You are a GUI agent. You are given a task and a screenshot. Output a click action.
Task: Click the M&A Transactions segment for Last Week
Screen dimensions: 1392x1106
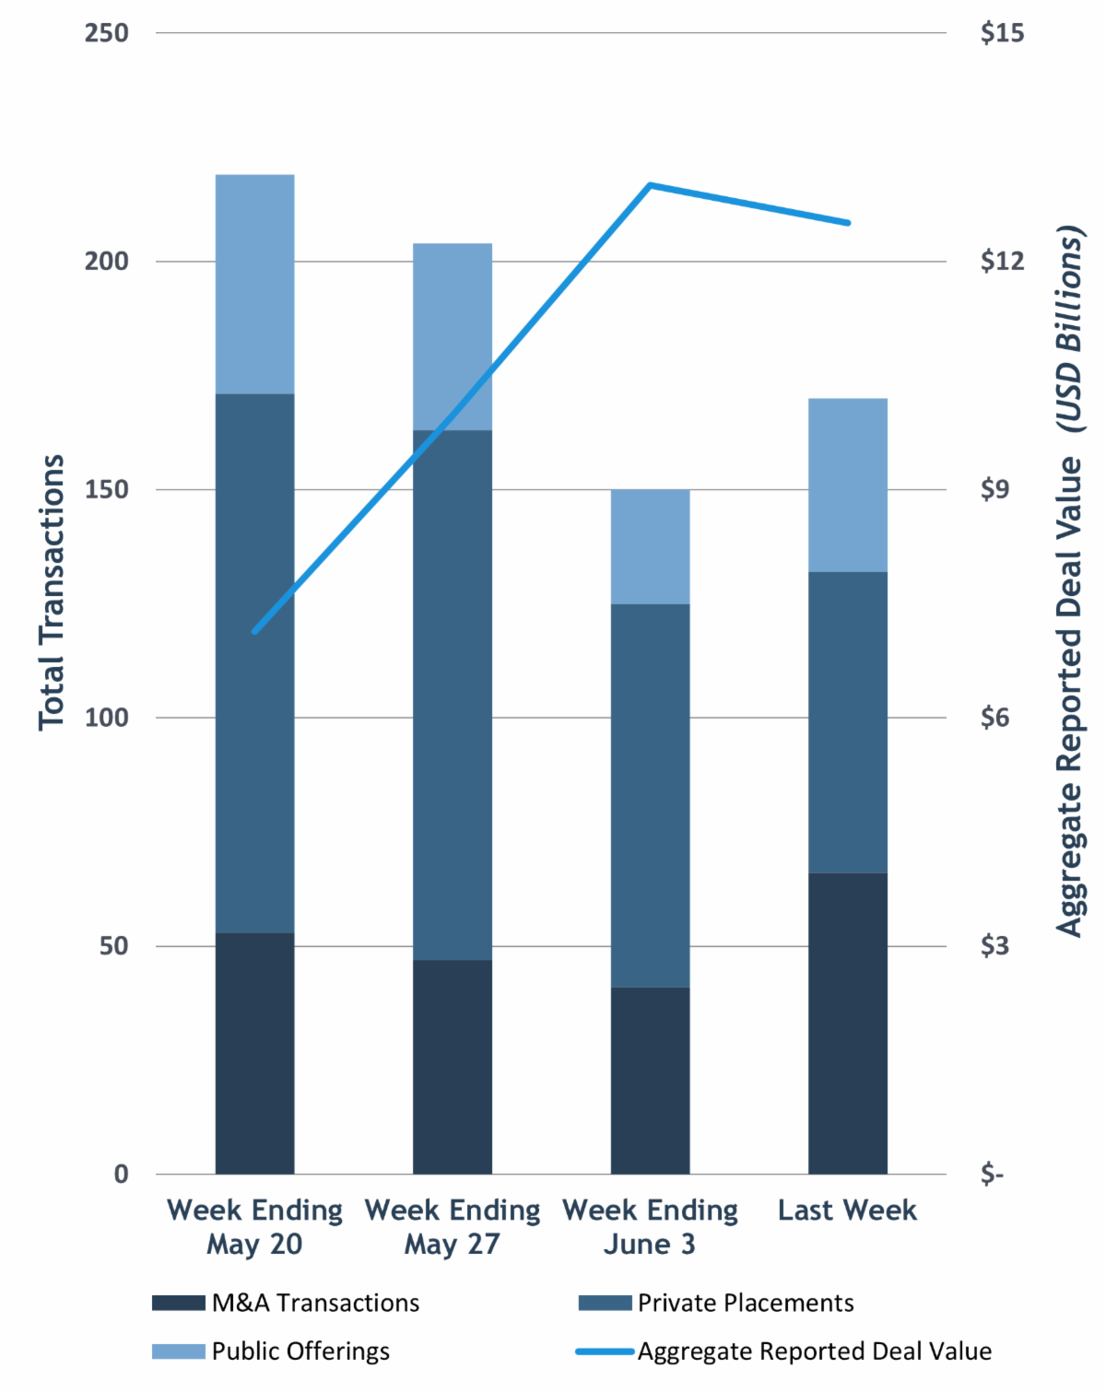click(847, 1023)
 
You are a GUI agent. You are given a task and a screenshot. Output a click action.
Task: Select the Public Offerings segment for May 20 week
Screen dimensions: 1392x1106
click(254, 284)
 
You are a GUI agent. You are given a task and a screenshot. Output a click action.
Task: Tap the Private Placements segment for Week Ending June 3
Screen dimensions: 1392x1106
click(650, 795)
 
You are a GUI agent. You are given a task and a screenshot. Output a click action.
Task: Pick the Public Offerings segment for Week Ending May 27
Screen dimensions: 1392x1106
click(452, 336)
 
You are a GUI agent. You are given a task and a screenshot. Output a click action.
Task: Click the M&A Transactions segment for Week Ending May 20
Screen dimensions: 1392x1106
click(254, 1053)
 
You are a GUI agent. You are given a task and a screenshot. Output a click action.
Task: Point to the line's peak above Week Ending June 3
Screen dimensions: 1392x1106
click(650, 185)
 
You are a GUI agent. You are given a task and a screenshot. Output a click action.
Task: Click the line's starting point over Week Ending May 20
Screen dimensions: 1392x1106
click(254, 631)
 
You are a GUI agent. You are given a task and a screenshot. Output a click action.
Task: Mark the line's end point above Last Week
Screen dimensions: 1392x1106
click(847, 223)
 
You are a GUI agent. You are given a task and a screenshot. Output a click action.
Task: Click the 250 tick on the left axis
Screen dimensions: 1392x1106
click(106, 33)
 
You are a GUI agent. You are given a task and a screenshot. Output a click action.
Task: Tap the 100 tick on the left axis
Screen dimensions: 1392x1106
click(106, 718)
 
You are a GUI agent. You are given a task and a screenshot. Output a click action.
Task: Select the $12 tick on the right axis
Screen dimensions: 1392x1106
click(1002, 262)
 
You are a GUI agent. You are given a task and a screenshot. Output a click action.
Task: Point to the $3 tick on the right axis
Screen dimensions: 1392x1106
click(994, 946)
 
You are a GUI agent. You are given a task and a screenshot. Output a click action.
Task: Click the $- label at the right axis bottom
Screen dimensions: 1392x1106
click(992, 1175)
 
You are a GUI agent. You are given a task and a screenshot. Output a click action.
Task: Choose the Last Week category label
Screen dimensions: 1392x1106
click(847, 1210)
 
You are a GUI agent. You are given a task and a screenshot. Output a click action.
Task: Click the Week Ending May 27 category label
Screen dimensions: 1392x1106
click(452, 1226)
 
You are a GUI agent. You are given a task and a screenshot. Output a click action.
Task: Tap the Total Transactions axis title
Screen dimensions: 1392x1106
click(52, 592)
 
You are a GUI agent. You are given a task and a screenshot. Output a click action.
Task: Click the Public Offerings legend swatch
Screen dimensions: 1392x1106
click(178, 1351)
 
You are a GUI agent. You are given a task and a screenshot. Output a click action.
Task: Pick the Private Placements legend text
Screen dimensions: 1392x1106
click(746, 1303)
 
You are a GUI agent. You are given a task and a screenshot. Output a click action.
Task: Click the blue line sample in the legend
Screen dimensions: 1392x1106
click(605, 1351)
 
